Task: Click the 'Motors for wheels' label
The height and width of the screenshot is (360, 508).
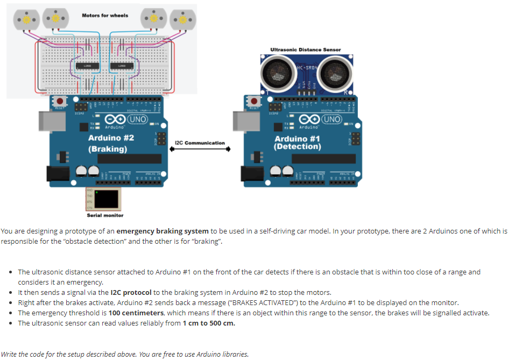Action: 105,16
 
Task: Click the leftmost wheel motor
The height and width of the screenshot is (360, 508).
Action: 25,19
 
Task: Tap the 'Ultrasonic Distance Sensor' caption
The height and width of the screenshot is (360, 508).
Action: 305,50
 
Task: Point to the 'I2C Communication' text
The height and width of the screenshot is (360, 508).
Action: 200,143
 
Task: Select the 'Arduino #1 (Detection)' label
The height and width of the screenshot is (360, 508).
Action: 297,143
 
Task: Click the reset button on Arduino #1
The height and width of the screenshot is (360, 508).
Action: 253,101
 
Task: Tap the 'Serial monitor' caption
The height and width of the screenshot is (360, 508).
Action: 105,215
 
